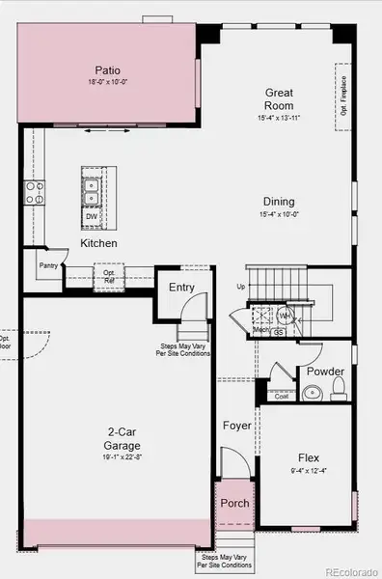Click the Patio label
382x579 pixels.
pyautogui.click(x=107, y=69)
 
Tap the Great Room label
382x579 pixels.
pyautogui.click(x=280, y=99)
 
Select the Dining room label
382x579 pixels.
pyautogui.click(x=280, y=202)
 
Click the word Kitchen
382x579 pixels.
pyautogui.click(x=99, y=243)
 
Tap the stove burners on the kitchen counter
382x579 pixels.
pyautogui.click(x=35, y=191)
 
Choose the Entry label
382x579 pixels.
pyautogui.click(x=181, y=287)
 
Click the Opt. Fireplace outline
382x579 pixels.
pyautogui.click(x=341, y=92)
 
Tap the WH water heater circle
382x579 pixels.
pyautogui.click(x=286, y=316)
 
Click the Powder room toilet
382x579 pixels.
pyautogui.click(x=339, y=391)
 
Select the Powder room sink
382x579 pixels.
pyautogui.click(x=313, y=393)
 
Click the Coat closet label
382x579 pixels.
pyautogui.click(x=282, y=396)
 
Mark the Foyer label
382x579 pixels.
pyautogui.click(x=236, y=425)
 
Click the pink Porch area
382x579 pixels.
pyautogui.click(x=234, y=503)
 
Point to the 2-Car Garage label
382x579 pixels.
pyautogui.click(x=123, y=440)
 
